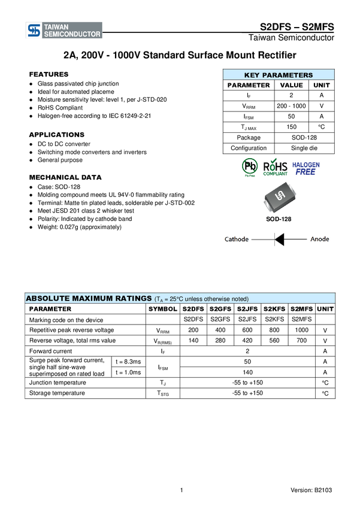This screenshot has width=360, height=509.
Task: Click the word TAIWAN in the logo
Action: [56, 27]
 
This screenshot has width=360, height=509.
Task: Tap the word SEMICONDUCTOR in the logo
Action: [72, 35]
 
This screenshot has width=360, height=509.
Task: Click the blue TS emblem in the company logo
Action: [34, 31]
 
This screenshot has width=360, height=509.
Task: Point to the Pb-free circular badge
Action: [250, 166]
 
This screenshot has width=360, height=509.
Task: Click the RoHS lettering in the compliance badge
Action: [276, 166]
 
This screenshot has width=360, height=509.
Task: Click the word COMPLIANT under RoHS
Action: [276, 174]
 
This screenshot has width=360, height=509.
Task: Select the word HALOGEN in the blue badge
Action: [305, 164]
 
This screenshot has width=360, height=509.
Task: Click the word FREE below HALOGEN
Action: [305, 172]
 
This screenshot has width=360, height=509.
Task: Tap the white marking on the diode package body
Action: [279, 196]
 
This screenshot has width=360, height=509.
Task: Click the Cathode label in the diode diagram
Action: [236, 240]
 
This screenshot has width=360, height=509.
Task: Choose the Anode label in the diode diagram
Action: [319, 240]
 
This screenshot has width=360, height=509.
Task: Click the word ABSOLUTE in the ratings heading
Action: [48, 298]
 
